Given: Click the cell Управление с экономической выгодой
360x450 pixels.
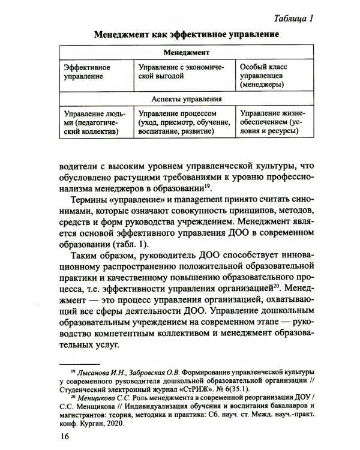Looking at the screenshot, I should [x=183, y=73].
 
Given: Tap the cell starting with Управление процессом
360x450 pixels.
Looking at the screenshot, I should [x=183, y=122].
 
